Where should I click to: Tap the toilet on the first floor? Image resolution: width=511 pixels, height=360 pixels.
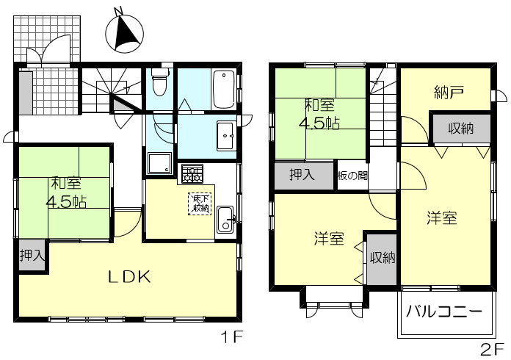point(159,82)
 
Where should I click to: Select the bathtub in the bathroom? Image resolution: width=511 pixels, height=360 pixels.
point(223,89)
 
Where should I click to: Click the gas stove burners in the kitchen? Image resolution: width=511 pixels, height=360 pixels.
point(192,173)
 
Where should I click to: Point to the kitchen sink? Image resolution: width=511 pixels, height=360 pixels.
point(225,220)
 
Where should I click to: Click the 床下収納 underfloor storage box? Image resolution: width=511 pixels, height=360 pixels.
point(200,204)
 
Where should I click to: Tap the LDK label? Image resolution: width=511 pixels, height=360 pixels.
point(129,277)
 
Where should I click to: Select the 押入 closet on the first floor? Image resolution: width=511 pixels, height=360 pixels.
point(32,255)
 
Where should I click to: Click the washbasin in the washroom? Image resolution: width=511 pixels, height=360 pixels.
point(226,136)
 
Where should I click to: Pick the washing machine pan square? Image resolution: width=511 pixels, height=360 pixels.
point(159,164)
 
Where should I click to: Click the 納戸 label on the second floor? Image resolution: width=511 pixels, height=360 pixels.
point(449,93)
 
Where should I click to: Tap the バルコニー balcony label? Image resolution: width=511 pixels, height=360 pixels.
point(444,312)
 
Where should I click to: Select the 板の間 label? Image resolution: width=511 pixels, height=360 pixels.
point(353,176)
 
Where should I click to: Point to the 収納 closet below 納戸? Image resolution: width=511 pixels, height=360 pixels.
point(462,129)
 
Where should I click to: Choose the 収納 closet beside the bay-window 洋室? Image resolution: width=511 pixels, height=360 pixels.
point(382,259)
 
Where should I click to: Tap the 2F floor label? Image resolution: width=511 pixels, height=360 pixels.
point(493,350)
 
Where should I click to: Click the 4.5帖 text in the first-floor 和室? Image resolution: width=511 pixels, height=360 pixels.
point(66,203)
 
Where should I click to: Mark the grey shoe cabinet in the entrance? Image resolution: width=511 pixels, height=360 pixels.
point(26,93)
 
